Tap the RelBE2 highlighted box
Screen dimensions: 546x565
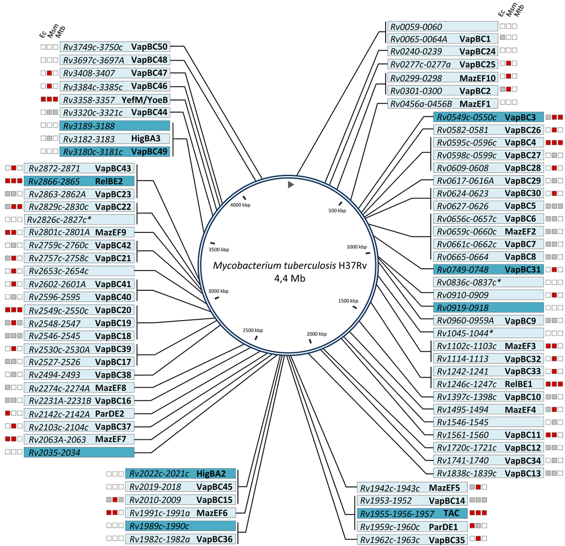(x=79, y=181)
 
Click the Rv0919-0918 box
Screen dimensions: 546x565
(x=488, y=308)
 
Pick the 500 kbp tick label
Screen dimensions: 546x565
(x=337, y=210)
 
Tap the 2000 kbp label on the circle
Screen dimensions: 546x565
(x=317, y=333)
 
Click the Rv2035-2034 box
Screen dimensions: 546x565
(x=79, y=452)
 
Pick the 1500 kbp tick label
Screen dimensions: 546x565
(x=348, y=300)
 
